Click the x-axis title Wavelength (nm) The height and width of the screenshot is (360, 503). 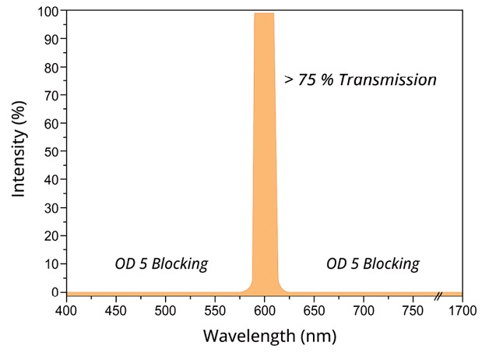tap(264, 337)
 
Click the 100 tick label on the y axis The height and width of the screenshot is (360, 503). tap(48, 11)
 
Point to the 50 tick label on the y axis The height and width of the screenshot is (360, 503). tap(51, 152)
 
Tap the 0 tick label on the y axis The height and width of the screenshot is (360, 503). tap(55, 292)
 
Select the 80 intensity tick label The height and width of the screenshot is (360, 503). tap(51, 67)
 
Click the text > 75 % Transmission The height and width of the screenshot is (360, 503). tap(361, 79)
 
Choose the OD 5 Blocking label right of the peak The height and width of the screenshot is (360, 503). tap(372, 263)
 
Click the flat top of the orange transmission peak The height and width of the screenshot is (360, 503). tap(264, 14)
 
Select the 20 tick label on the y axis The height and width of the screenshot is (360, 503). tap(51, 236)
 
